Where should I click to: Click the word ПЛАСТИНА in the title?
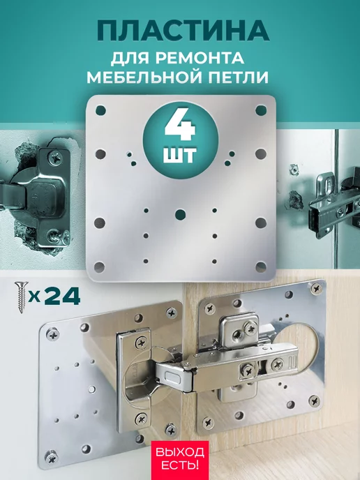(183, 31)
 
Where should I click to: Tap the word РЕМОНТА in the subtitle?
(200, 57)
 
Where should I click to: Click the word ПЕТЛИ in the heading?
(239, 77)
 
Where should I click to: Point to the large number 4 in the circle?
(180, 126)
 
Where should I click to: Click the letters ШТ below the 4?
(180, 156)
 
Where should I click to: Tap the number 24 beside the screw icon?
(63, 297)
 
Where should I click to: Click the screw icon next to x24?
(22, 297)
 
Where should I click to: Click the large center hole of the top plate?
(180, 214)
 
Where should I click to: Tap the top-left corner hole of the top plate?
(100, 110)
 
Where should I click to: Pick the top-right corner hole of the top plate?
(261, 110)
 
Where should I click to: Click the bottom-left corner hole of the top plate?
(99, 267)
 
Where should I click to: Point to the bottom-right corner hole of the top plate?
(261, 267)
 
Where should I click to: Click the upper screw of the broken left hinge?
(55, 158)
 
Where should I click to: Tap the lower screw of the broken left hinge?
(55, 237)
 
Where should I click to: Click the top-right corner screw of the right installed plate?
(316, 288)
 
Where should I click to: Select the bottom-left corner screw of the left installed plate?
(52, 458)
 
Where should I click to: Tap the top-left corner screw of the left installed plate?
(52, 334)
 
